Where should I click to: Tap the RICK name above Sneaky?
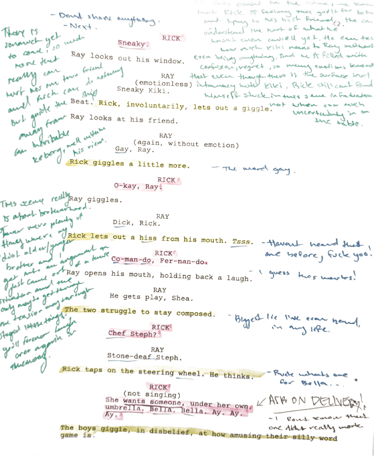(x=171, y=38)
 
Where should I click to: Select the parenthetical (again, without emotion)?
(x=186, y=145)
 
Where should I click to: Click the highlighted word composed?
(x=195, y=313)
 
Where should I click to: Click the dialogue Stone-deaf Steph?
(x=144, y=357)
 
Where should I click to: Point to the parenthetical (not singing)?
(x=152, y=394)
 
